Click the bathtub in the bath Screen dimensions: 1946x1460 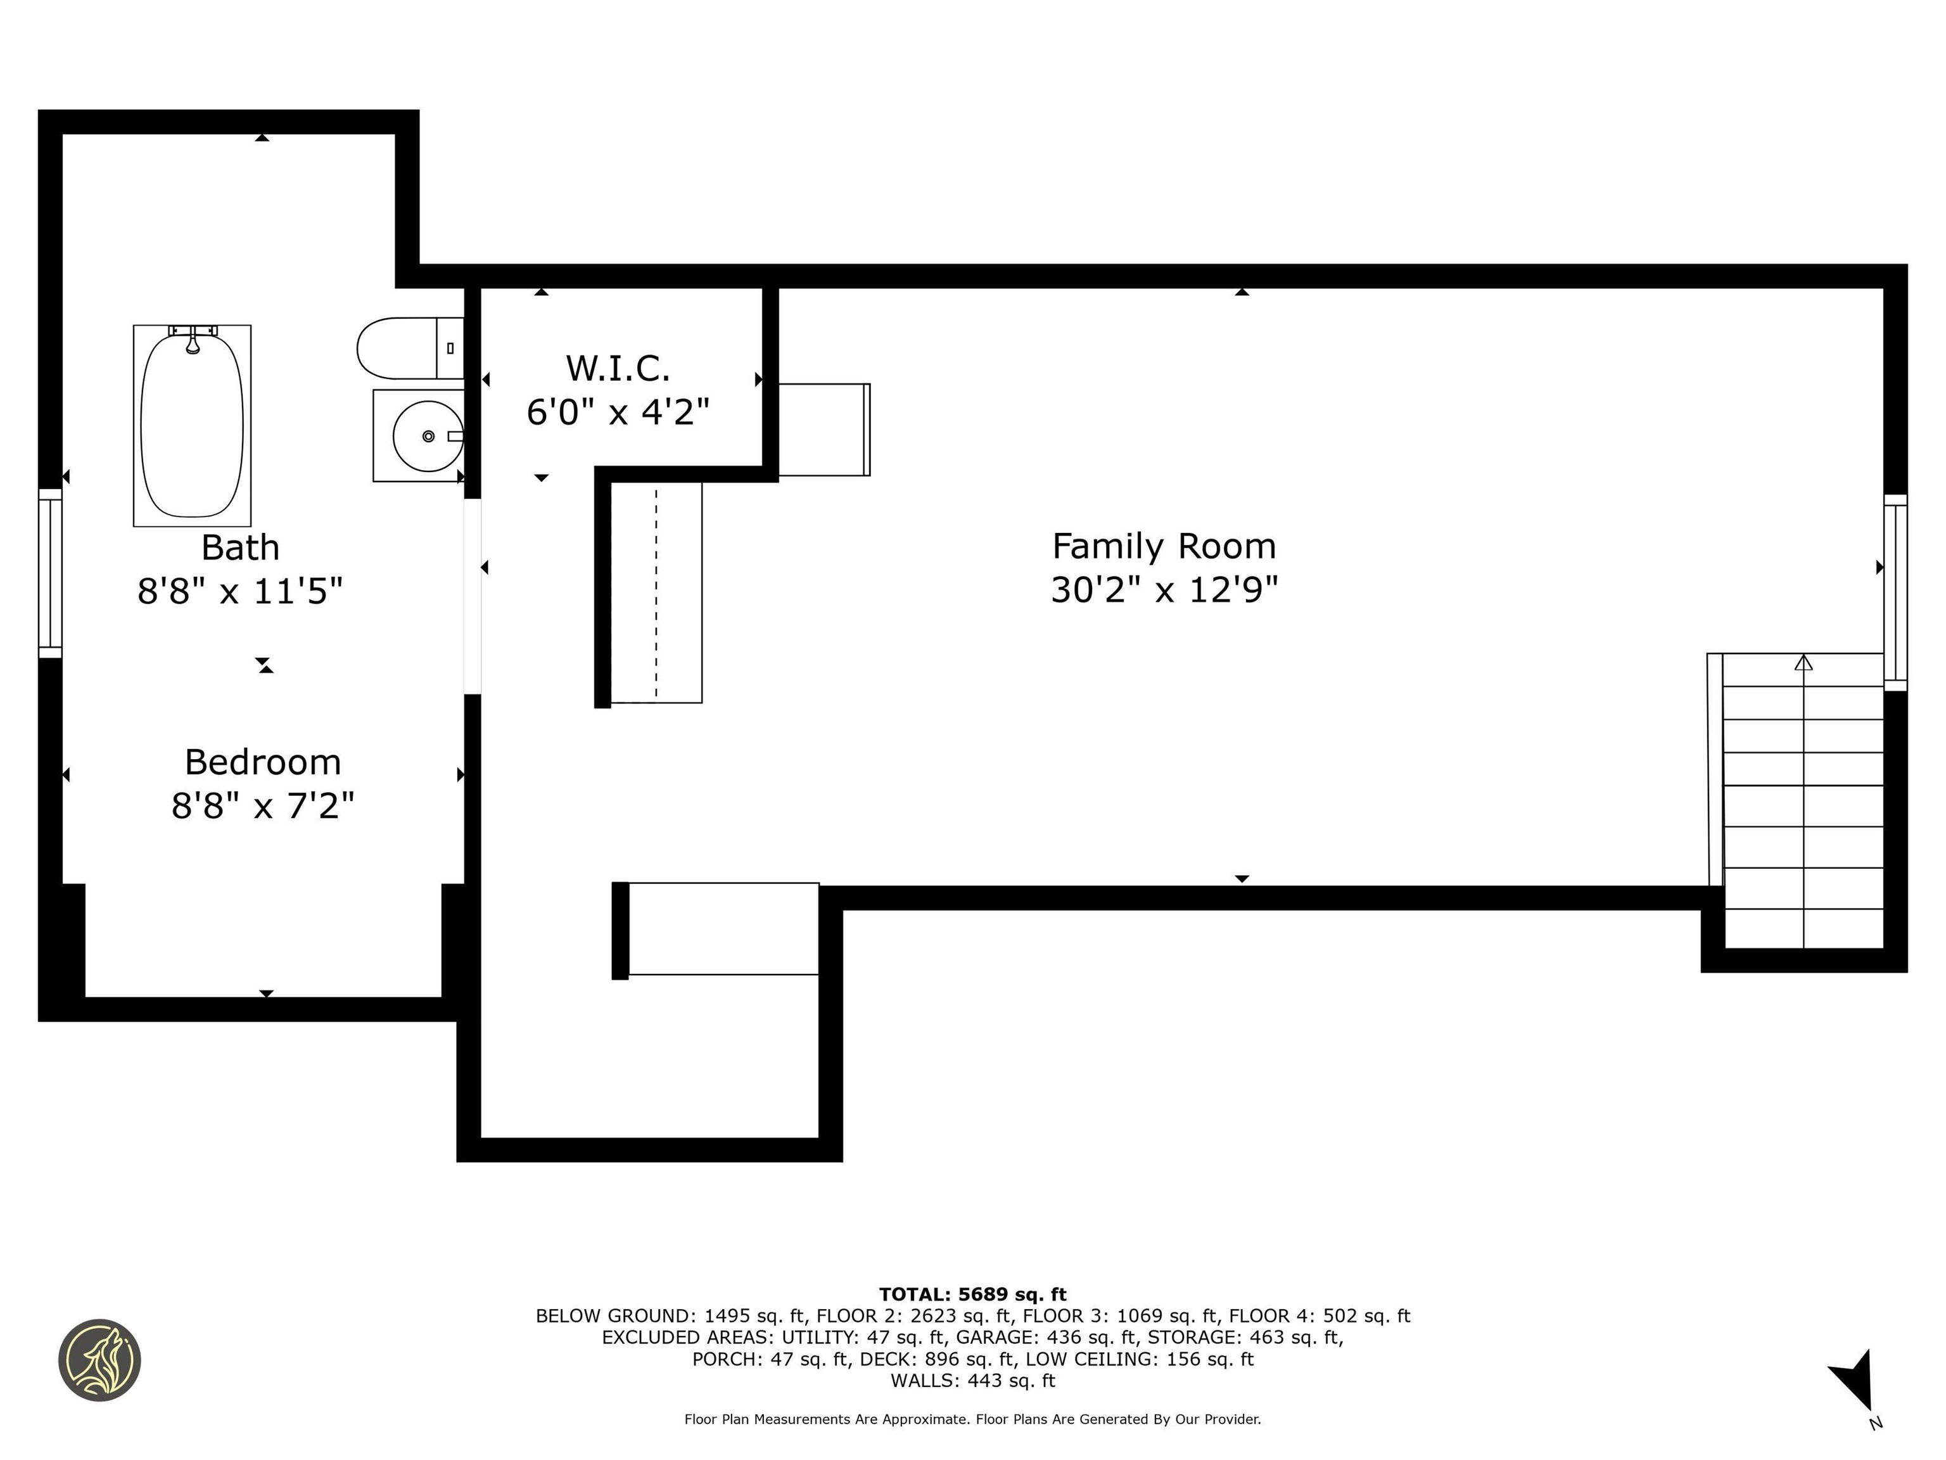click(x=192, y=425)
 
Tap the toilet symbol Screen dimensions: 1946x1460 click(x=410, y=348)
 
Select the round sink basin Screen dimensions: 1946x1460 click(x=428, y=435)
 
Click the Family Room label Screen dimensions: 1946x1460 click(x=1164, y=546)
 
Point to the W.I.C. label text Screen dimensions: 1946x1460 click(x=618, y=368)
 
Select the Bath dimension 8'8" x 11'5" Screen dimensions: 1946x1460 click(x=240, y=591)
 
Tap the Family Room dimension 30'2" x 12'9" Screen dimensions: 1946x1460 click(x=1164, y=589)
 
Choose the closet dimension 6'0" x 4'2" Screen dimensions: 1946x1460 click(x=618, y=411)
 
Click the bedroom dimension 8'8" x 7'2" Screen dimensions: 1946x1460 click(x=263, y=804)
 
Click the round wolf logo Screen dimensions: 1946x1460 click(x=99, y=1360)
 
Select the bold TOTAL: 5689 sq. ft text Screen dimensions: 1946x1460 click(x=972, y=1295)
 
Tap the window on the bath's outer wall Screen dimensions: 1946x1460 click(x=50, y=573)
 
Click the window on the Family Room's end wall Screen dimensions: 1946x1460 click(x=1895, y=592)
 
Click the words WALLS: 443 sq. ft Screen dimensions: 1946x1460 click(x=972, y=1381)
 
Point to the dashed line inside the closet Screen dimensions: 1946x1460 click(x=656, y=592)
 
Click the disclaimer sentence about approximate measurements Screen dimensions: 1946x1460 click(x=972, y=1419)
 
